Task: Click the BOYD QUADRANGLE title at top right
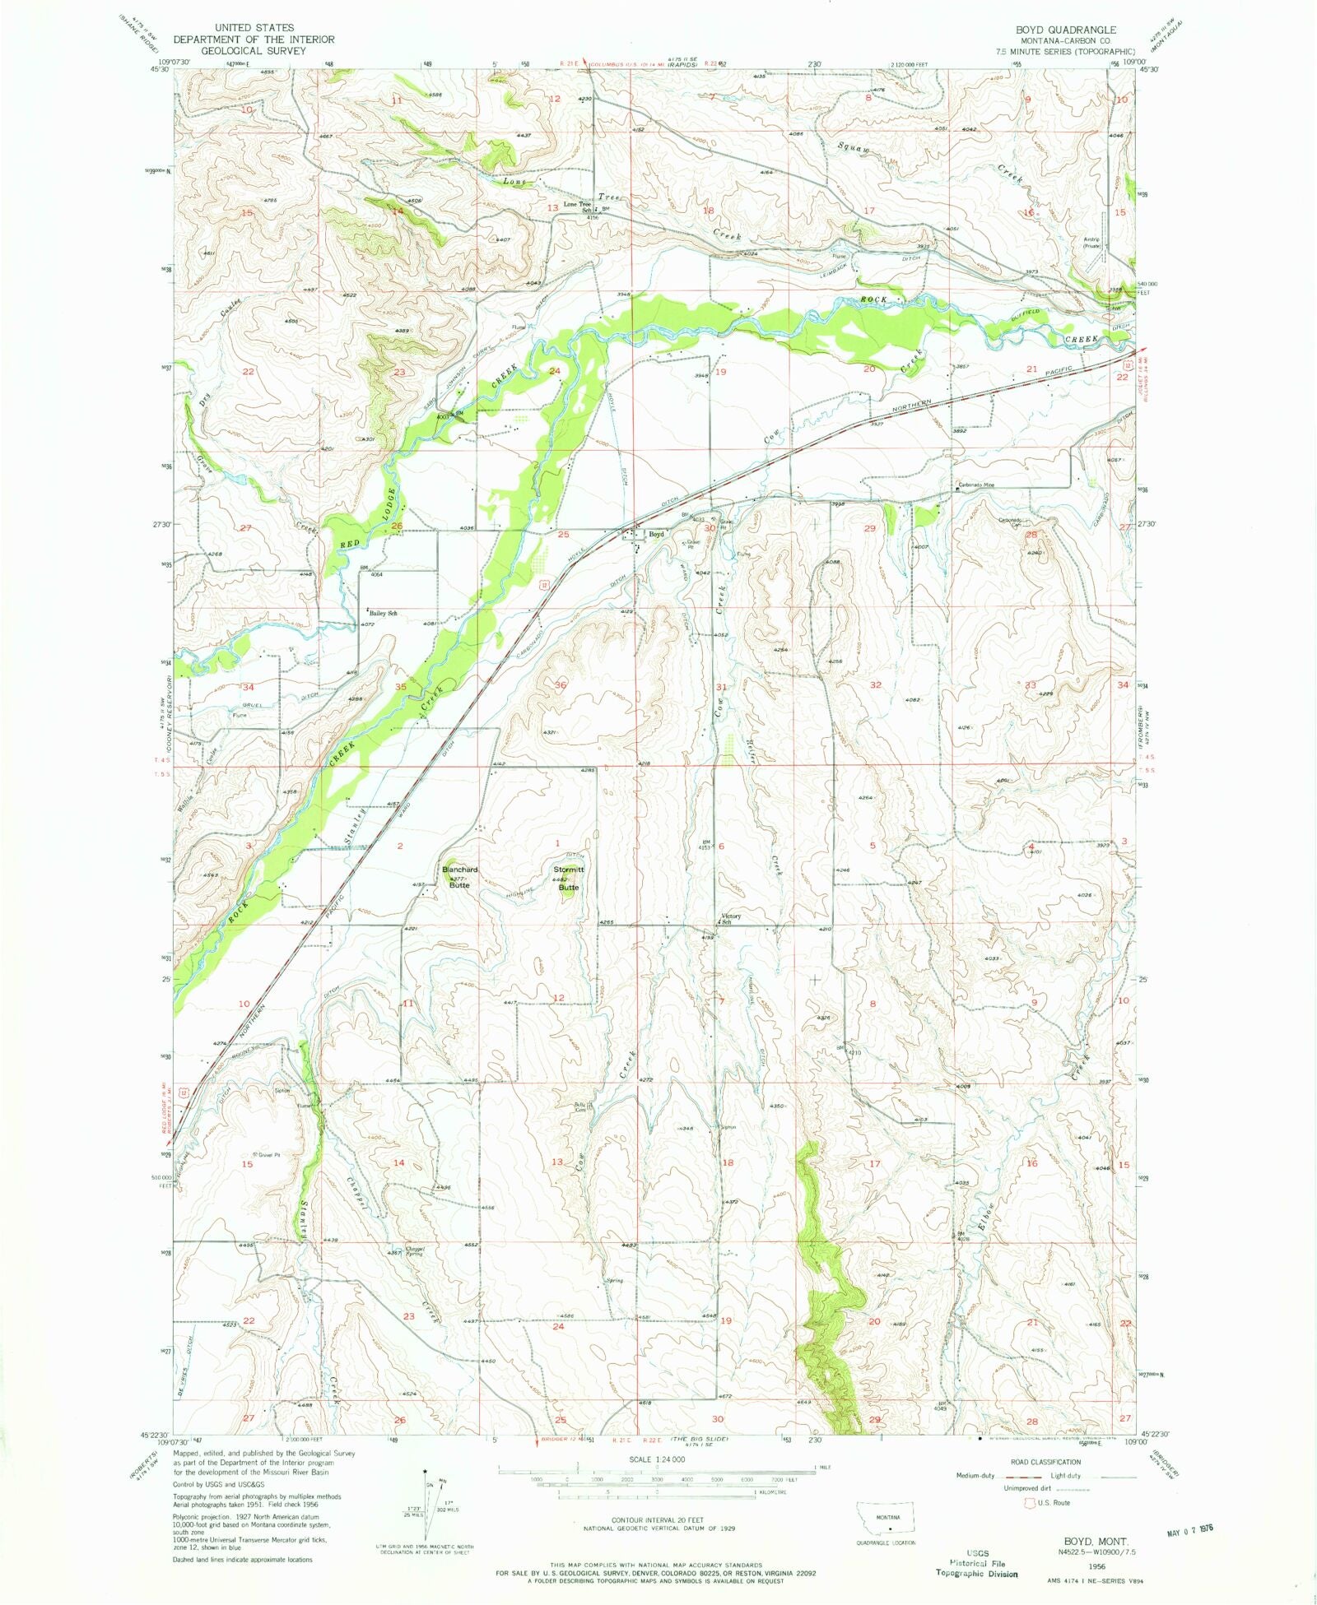[1066, 30]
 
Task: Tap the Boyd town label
[656, 534]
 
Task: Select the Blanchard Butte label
[459, 877]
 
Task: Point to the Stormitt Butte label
[569, 878]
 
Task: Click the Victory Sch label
[730, 919]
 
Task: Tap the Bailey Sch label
[384, 613]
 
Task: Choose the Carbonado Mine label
[975, 485]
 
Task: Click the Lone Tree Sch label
[577, 206]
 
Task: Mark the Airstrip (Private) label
[1091, 242]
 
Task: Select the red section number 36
[561, 684]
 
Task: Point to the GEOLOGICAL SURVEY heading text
[253, 50]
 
